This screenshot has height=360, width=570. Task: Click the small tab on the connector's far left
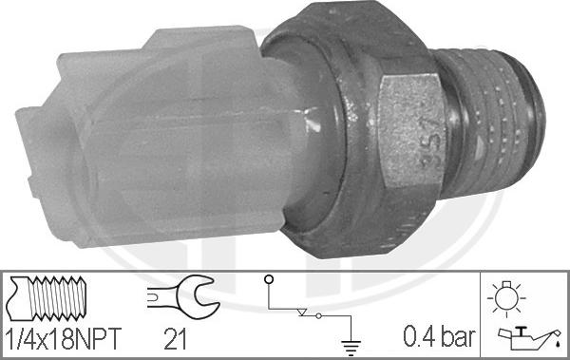(28, 142)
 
